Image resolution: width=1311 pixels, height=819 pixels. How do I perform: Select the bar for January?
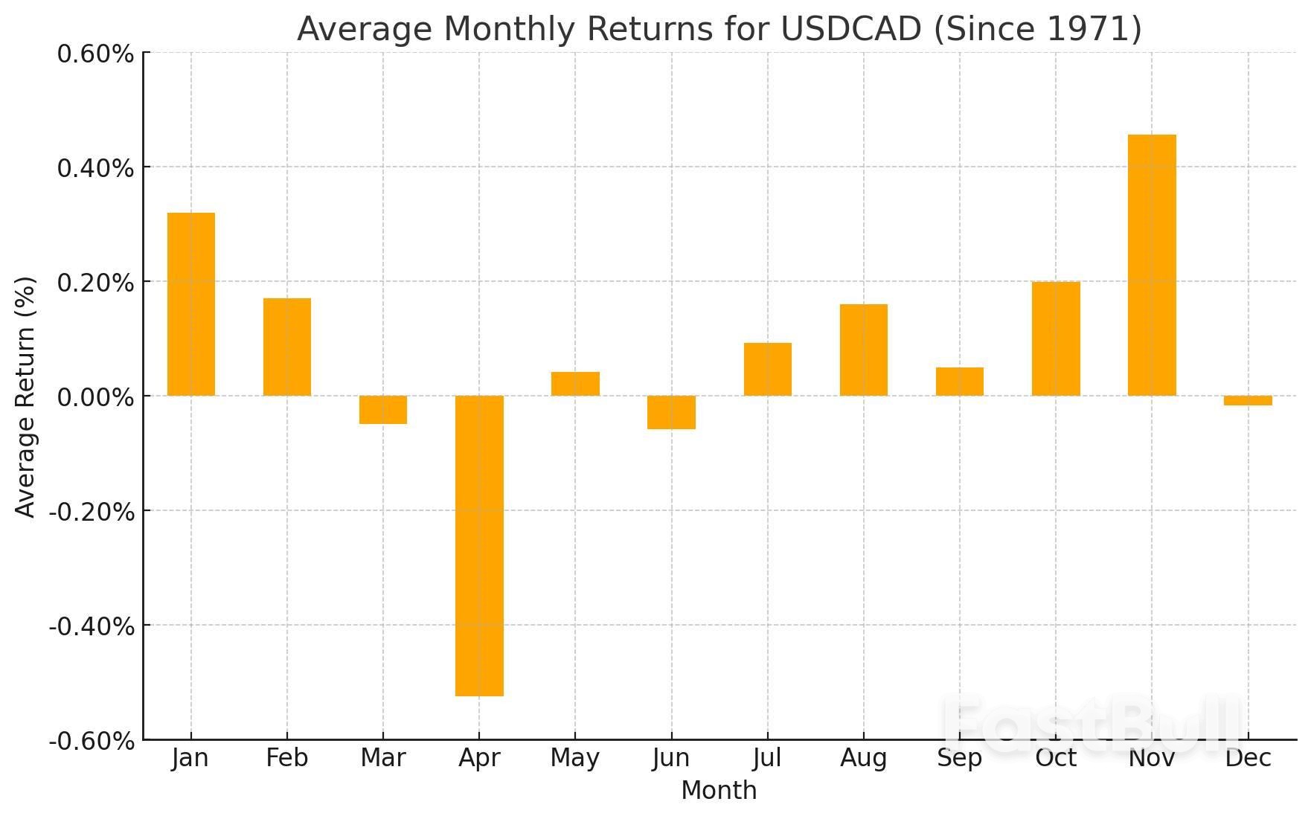[191, 304]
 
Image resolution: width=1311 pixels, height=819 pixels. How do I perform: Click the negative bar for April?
[479, 545]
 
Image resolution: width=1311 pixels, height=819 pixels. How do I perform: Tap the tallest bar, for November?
[1152, 265]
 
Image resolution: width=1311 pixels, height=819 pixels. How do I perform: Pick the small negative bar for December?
[1248, 401]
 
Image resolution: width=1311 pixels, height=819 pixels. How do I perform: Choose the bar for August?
[864, 350]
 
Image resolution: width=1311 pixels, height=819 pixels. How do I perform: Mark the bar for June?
[671, 412]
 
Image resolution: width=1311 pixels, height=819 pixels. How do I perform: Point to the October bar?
[1056, 338]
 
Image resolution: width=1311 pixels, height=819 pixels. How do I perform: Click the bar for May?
[575, 384]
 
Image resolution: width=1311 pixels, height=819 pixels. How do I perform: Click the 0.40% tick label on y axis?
[95, 168]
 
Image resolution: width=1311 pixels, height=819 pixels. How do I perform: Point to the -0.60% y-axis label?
[92, 741]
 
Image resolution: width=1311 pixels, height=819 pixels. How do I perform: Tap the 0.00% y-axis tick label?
[95, 397]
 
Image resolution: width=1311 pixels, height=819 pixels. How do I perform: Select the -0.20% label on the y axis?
[92, 512]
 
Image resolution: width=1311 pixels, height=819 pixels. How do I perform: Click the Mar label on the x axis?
[383, 758]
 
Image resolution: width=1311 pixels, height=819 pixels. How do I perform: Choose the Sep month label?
[960, 758]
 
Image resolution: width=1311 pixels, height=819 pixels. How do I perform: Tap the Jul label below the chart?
[767, 758]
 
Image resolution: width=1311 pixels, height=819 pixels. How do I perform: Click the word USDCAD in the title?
[851, 29]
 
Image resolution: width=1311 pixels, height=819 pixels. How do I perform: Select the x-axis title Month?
[719, 791]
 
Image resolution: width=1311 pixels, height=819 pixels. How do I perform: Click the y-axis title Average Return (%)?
[25, 396]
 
